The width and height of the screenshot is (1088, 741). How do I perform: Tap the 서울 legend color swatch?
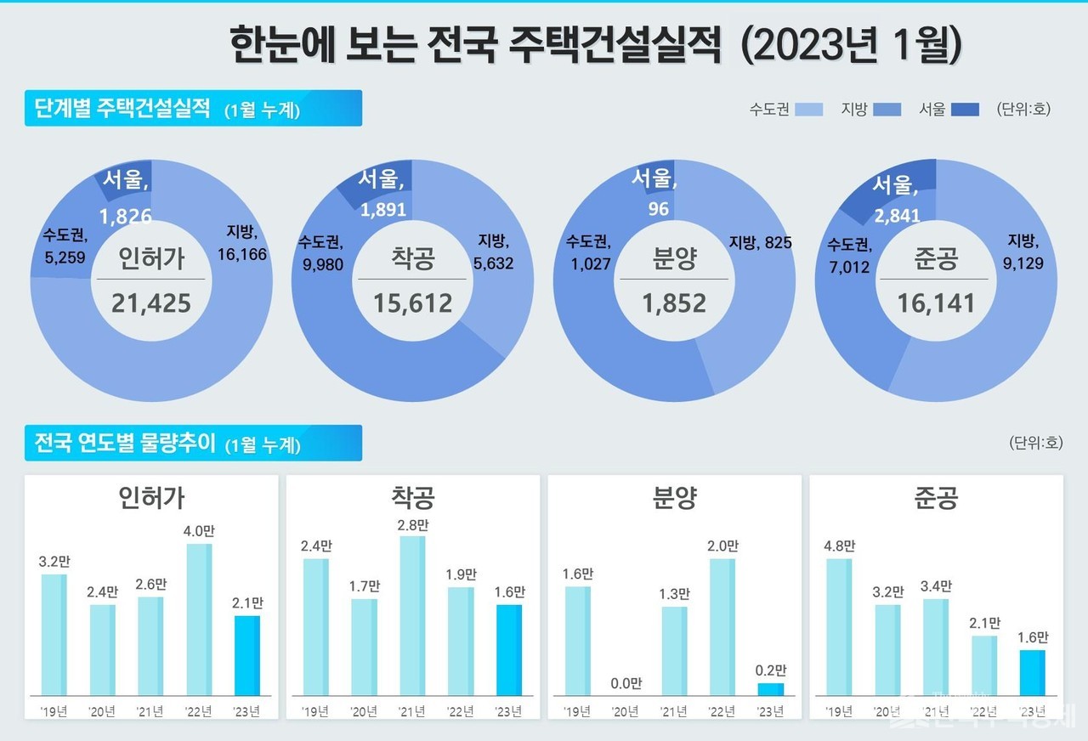[965, 109]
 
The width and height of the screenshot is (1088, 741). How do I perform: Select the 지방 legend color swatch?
[887, 109]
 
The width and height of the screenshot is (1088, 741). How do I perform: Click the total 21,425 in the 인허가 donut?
[151, 302]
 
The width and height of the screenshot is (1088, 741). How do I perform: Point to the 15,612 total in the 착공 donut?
[413, 302]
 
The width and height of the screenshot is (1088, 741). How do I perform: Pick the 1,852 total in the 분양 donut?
[674, 303]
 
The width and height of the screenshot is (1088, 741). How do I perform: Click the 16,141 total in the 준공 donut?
[936, 303]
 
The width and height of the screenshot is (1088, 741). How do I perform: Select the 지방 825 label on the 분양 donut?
[760, 243]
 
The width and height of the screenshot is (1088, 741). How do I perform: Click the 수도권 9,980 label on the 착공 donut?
[320, 253]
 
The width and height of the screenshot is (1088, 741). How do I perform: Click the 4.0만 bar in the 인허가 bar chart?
[200, 619]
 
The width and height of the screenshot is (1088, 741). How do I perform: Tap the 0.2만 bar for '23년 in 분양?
[771, 689]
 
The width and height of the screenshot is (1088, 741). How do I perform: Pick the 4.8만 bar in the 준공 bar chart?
[839, 627]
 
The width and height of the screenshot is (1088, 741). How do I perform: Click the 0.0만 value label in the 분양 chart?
[626, 683]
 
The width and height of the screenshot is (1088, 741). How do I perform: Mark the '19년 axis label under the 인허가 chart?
[54, 711]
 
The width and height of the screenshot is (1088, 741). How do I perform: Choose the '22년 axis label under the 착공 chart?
[461, 711]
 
